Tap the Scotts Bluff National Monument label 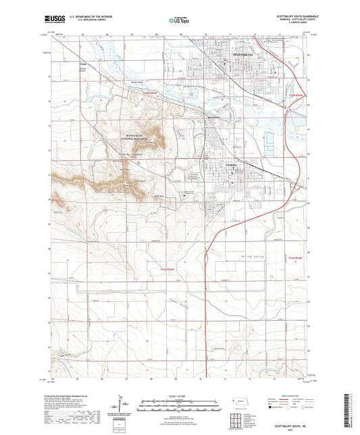[x=132, y=136]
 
